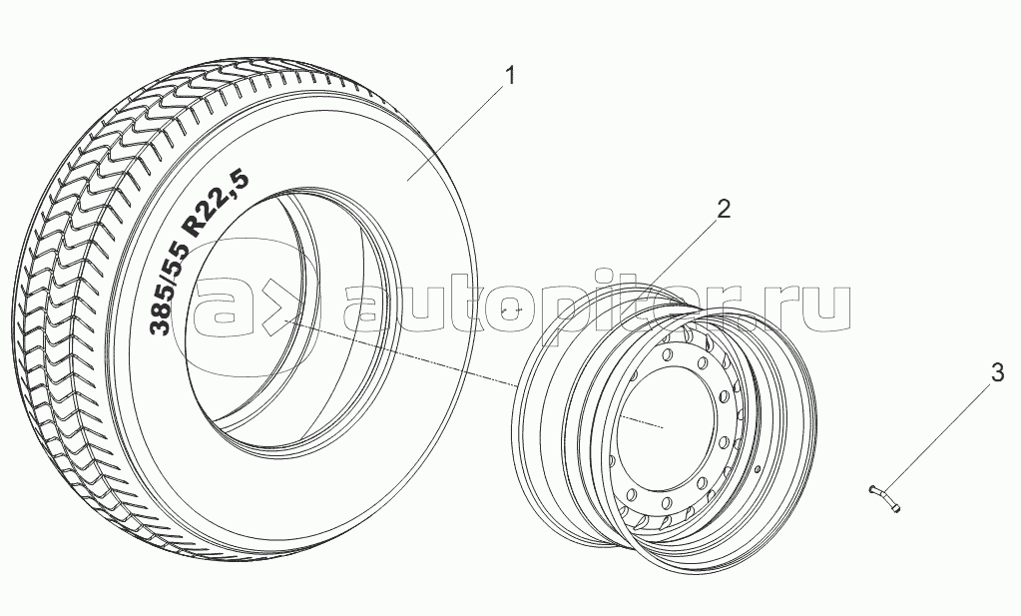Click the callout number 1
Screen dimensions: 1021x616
511,76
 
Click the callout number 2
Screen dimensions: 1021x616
724,209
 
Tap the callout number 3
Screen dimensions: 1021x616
997,373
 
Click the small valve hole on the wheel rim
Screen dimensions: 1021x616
757,468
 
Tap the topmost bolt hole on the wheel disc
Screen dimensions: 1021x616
667,354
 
